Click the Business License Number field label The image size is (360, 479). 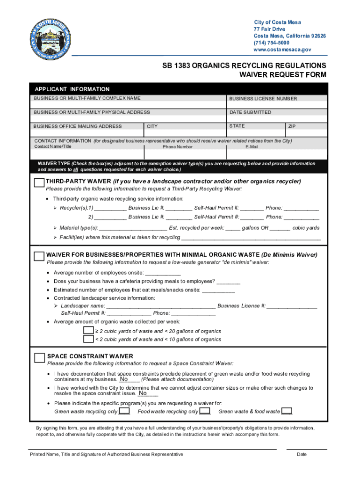coord(263,99)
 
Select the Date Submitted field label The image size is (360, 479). coord(250,112)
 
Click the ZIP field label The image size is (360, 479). coord(292,126)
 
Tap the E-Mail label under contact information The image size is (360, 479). coord(252,147)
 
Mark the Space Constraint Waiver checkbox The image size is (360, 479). coord(40,357)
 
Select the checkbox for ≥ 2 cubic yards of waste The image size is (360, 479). coord(88,331)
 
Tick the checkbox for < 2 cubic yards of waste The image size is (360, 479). coord(88,339)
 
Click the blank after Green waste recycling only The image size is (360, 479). coord(124,412)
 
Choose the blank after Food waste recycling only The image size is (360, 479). coord(205,412)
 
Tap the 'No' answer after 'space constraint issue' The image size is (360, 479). coord(142,393)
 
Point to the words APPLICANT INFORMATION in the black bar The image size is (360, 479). coord(72,89)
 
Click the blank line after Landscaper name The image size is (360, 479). coord(161,306)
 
